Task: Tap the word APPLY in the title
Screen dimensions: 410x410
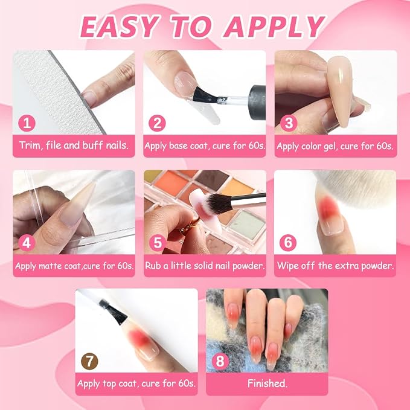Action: tap(274, 27)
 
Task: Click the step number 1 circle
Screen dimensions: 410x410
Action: tap(27, 123)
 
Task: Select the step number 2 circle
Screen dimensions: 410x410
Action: tap(157, 123)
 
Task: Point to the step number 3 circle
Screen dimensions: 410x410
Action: tap(289, 123)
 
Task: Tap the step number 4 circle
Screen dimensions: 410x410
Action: tap(27, 243)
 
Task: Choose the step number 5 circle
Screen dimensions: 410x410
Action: tap(158, 243)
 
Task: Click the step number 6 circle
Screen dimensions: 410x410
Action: tap(288, 243)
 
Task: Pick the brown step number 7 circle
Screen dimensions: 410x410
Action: tap(89, 361)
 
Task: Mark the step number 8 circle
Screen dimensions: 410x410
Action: tap(220, 361)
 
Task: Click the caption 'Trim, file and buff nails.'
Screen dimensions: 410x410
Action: tap(74, 146)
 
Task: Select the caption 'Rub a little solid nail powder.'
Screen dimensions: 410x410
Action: tap(205, 266)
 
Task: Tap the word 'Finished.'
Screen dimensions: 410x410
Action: tap(267, 383)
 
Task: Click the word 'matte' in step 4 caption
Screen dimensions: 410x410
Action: tap(51, 266)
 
